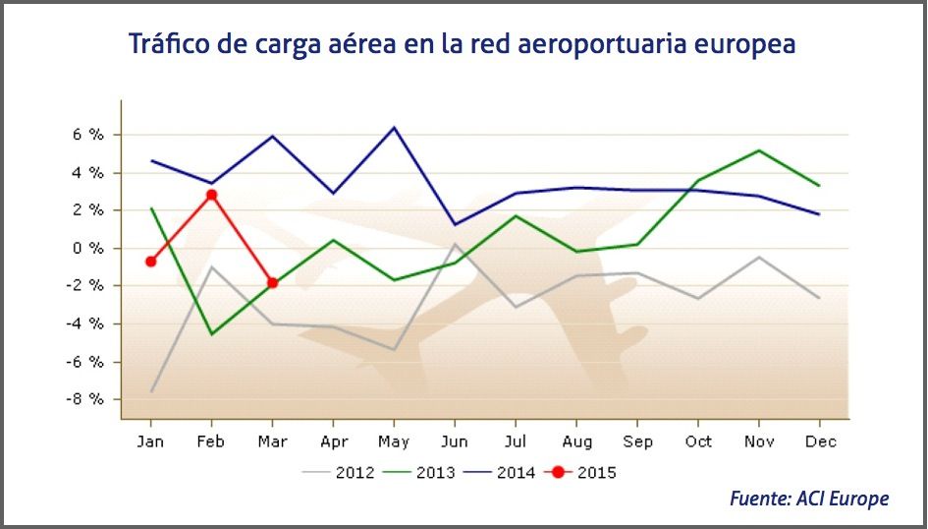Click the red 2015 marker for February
(211, 195)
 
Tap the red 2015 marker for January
(150, 262)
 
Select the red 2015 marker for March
(272, 283)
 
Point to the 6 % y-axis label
(88, 135)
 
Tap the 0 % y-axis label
(88, 248)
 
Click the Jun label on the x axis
(455, 441)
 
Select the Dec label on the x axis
(820, 441)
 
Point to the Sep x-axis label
(637, 441)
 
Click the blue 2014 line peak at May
(394, 127)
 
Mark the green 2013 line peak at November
(759, 150)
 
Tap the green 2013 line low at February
(211, 334)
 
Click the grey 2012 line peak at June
(455, 244)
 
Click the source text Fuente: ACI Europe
(808, 499)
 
